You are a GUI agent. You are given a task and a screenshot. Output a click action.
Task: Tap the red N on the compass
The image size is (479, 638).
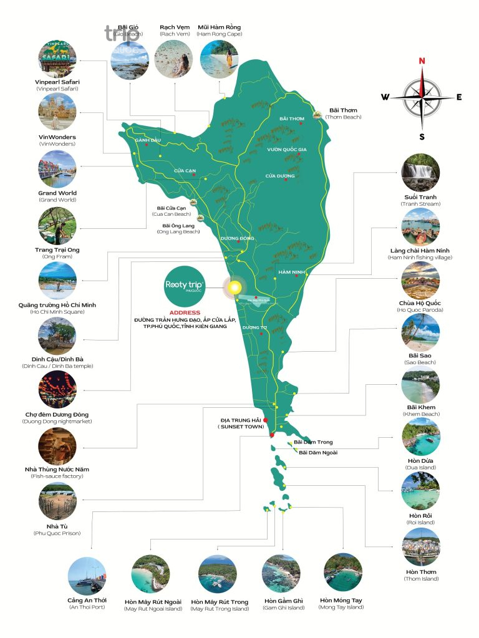[x=422, y=60]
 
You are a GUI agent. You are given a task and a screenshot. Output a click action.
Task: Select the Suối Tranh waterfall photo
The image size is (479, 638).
[x=420, y=173]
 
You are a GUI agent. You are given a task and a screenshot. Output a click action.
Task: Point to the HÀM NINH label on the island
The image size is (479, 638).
[x=289, y=272]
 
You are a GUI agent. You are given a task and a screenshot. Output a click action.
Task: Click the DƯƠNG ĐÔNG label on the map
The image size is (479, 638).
[x=238, y=238]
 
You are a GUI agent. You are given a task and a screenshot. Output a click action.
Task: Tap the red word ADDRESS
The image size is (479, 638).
[x=185, y=312]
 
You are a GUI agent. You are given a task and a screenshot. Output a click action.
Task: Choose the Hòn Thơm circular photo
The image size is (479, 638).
[x=421, y=547]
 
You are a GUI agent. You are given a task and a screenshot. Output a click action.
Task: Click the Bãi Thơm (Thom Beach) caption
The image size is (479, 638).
[x=343, y=114]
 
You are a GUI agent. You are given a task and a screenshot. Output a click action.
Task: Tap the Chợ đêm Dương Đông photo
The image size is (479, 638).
[x=57, y=390]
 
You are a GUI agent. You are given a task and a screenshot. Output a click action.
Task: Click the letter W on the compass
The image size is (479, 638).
[x=385, y=97]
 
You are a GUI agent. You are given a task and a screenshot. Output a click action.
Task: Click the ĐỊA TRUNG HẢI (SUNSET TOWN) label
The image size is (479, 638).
[x=239, y=423]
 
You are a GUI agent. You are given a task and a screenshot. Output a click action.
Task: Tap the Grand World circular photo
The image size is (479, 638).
[x=57, y=170]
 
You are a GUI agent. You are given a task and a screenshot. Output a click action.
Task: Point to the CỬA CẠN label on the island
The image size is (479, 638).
[x=185, y=170]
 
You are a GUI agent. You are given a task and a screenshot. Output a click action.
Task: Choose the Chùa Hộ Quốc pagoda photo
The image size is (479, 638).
[x=420, y=279]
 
